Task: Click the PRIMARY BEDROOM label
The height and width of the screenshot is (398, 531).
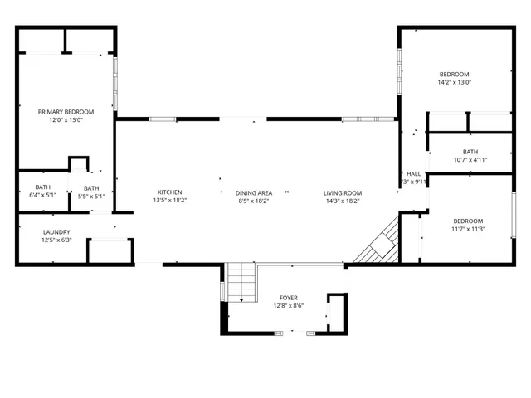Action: click(x=66, y=112)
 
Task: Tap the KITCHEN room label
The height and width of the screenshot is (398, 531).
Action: click(x=170, y=192)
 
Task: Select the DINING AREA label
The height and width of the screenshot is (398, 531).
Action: click(x=254, y=192)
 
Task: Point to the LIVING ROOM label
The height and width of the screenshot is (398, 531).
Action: click(x=343, y=193)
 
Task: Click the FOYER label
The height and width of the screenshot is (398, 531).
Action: click(x=288, y=298)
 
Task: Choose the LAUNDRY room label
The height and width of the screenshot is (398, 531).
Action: click(x=56, y=232)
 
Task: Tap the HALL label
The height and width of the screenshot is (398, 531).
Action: click(x=413, y=174)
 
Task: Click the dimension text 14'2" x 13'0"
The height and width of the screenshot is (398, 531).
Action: click(x=454, y=82)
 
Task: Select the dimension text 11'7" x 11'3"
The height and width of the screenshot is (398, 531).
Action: click(x=468, y=229)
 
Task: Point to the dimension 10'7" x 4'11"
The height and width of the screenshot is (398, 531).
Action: click(x=470, y=160)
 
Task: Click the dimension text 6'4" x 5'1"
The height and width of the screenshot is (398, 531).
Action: click(x=43, y=197)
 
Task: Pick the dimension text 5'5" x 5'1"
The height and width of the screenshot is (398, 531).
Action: click(x=91, y=197)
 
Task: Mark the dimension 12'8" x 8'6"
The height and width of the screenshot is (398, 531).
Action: click(x=288, y=305)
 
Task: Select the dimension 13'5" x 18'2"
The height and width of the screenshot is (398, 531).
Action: click(x=170, y=200)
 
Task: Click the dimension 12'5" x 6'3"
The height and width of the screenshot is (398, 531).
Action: click(x=56, y=240)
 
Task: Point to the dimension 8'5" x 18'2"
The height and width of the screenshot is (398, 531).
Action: click(x=254, y=200)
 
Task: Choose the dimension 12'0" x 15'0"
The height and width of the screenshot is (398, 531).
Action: click(x=66, y=119)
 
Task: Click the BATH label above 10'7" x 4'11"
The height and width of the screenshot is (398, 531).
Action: click(x=470, y=152)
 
